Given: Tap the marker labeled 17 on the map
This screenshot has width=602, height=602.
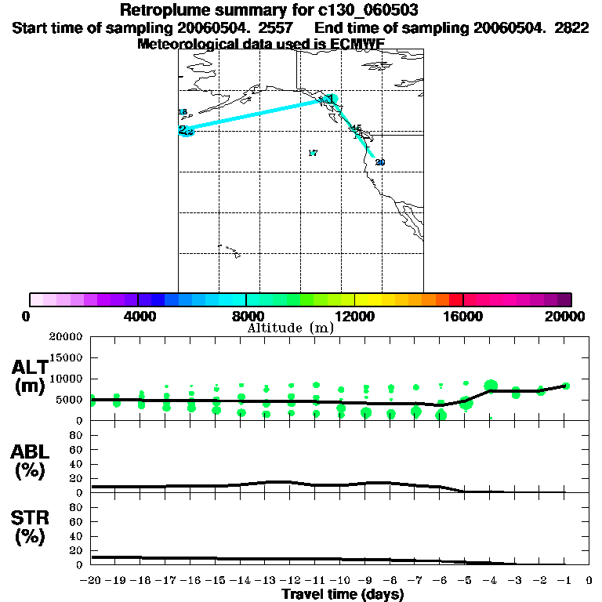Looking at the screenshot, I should (313, 153).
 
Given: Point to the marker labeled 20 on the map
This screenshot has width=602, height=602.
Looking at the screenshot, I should (379, 162).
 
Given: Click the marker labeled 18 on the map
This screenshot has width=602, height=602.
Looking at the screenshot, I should (183, 112).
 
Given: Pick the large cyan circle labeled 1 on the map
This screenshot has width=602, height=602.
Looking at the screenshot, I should (332, 100).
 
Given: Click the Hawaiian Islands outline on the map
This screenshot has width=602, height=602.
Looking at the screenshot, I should (229, 251).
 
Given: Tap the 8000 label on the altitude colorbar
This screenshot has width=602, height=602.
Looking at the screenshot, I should (245, 316).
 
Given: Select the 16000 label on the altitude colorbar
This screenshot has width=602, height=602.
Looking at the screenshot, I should (463, 316).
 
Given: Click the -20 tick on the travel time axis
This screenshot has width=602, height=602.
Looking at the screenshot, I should (91, 580).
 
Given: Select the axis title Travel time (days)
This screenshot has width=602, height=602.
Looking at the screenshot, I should (343, 594).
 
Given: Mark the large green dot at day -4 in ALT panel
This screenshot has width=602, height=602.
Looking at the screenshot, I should (491, 385).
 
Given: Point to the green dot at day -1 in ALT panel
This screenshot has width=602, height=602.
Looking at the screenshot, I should (565, 386).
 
